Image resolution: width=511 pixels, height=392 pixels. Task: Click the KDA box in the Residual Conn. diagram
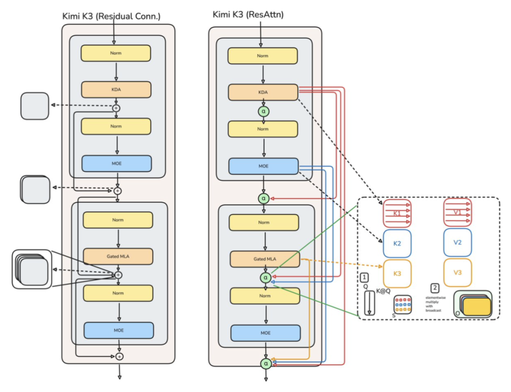pos(116,89)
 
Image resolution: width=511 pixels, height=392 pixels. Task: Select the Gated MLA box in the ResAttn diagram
pos(265,259)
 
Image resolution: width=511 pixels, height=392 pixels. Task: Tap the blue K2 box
pos(397,244)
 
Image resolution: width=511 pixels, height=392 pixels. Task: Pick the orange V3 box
pos(458,273)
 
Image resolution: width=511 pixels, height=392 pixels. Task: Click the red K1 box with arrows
pos(397,214)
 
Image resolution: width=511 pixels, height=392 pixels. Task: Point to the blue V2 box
pos(458,242)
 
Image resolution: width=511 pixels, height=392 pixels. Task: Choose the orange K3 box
pos(397,274)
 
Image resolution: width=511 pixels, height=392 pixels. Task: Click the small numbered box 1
pos(364,277)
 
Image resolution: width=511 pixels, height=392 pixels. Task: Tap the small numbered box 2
pos(435,288)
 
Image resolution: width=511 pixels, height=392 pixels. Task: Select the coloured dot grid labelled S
pos(403,304)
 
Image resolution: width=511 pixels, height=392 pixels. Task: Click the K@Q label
pos(383,291)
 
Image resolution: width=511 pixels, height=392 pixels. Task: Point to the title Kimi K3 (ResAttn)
pos(248,14)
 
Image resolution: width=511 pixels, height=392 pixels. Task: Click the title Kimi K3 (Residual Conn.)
pos(112,16)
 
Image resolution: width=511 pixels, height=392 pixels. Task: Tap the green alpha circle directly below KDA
pos(264,111)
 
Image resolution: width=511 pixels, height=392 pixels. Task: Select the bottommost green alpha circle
pos(266,363)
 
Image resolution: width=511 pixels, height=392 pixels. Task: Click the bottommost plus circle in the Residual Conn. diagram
pos(120,356)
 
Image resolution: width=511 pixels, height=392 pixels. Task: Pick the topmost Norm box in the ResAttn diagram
pos(263,56)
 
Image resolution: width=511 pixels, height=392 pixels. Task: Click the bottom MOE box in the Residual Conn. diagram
pos(119,330)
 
